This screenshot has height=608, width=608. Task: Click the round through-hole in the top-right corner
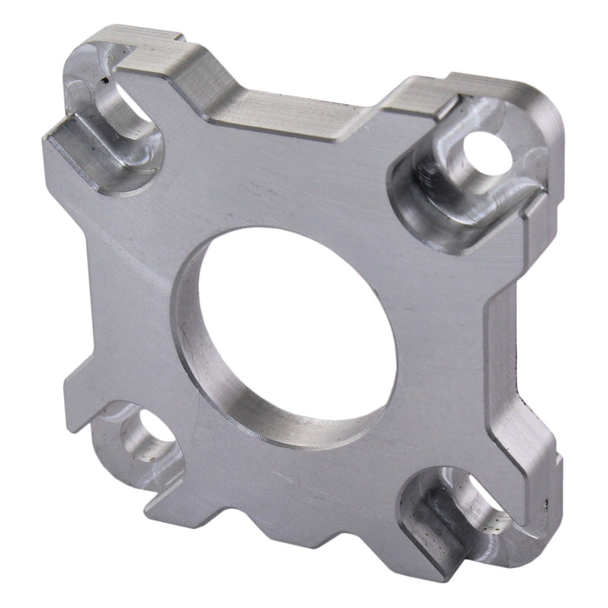tap(487, 152)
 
